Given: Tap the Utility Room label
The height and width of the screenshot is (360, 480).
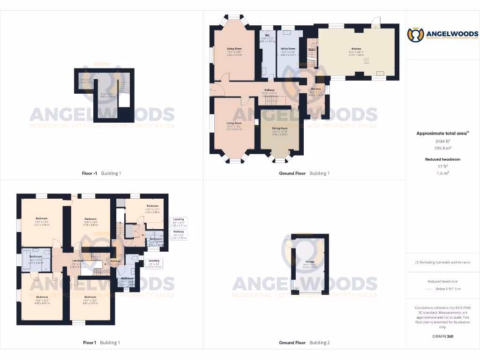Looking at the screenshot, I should tap(288, 48).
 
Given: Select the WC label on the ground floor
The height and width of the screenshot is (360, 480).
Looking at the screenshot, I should tap(266, 35).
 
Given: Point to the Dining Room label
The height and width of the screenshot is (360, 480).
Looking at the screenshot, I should tap(279, 128).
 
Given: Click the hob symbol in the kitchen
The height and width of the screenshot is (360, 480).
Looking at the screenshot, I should tap(367, 60).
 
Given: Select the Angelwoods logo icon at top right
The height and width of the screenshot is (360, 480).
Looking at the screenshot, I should tap(415, 35).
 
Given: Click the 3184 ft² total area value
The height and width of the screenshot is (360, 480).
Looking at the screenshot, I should tap(442, 141).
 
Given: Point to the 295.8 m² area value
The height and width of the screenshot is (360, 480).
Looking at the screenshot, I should tap(442, 148).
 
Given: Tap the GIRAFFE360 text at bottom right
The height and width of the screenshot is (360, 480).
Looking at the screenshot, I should tap(442, 337).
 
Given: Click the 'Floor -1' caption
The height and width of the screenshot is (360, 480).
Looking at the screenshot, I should tap(89, 173).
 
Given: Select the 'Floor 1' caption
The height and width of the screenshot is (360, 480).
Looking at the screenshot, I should tap(89, 343).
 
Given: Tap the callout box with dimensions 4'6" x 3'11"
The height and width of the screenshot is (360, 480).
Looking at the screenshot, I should tap(179, 222).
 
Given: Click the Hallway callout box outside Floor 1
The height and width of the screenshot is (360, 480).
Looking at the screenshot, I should tap(179, 234).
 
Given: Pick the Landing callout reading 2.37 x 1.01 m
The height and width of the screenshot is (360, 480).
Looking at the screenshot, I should tap(154, 263).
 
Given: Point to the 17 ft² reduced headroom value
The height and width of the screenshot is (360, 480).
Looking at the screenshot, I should tap(442, 166).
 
